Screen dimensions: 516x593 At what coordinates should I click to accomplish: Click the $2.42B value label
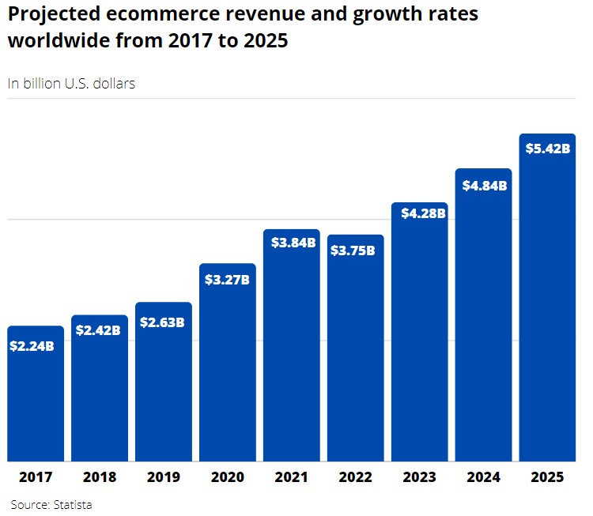tap(99, 330)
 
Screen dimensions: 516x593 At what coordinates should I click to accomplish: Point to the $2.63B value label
tap(163, 322)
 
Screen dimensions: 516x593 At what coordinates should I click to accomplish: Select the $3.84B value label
tap(292, 243)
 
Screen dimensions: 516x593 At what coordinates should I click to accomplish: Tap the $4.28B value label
tap(420, 213)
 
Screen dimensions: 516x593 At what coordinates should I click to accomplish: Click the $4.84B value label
tap(484, 186)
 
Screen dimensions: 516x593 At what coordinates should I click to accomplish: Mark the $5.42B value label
tap(547, 148)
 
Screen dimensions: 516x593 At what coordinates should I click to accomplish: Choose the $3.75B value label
tap(355, 250)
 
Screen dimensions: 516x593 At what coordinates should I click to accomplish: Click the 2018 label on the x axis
tap(100, 477)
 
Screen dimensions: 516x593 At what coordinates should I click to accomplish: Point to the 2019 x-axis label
tap(164, 477)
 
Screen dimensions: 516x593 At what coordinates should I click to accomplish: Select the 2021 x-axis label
tap(292, 477)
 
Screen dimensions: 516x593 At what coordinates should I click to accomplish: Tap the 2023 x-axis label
tap(419, 477)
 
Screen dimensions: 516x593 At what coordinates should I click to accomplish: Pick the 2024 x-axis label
tap(483, 477)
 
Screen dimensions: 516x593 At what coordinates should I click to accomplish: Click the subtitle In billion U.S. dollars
tap(71, 83)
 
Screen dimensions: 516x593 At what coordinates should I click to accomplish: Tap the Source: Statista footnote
tap(51, 504)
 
